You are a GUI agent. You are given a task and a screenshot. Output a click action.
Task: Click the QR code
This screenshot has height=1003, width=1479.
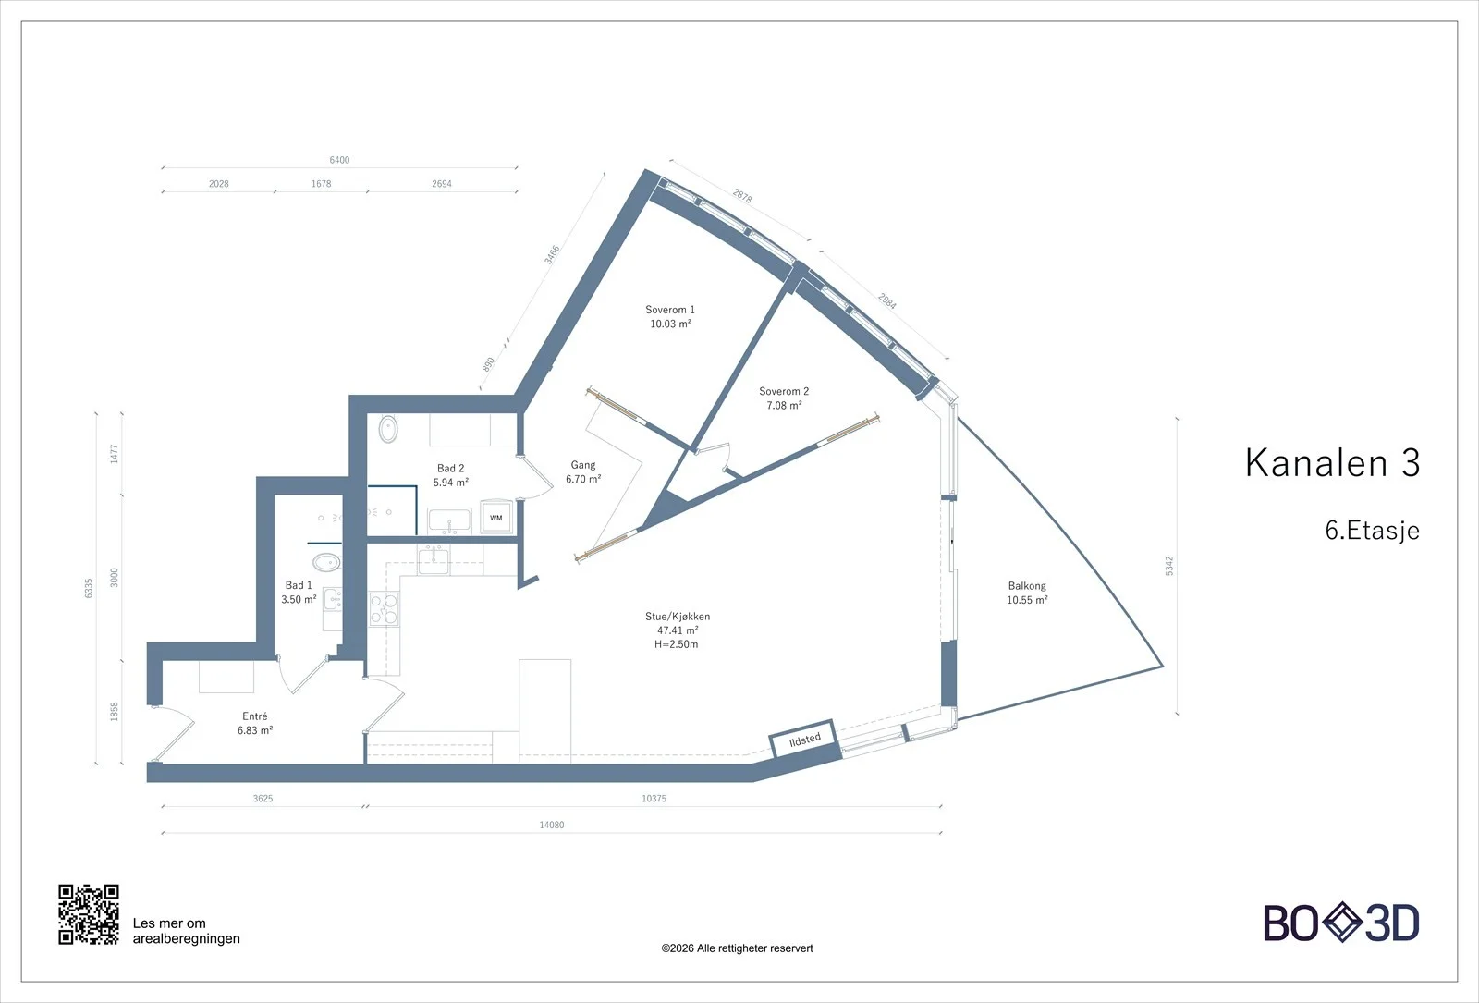[x=89, y=914]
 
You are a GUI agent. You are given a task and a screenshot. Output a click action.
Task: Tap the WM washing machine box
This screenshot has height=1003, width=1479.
[x=495, y=518]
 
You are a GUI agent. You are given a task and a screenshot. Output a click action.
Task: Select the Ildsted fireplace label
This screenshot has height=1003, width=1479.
[x=805, y=740]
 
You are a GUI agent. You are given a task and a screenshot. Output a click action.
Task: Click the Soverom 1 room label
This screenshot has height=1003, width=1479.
[x=670, y=316]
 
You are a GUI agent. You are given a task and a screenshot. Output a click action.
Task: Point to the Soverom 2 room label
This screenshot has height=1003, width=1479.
[x=784, y=398]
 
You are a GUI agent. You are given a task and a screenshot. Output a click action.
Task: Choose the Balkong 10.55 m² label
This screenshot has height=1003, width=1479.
[x=1027, y=593]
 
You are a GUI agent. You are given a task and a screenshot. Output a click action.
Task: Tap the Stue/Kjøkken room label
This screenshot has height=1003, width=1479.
[x=678, y=630]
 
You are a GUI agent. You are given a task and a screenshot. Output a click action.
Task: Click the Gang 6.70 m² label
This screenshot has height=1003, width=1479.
[x=583, y=472]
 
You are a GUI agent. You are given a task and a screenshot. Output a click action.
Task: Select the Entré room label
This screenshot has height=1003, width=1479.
[x=255, y=723]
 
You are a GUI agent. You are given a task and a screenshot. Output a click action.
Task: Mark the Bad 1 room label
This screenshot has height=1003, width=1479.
[x=299, y=593]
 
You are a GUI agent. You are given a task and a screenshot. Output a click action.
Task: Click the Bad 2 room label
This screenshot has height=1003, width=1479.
[x=450, y=475]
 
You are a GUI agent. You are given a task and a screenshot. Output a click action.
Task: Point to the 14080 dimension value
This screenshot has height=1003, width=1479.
[x=552, y=825]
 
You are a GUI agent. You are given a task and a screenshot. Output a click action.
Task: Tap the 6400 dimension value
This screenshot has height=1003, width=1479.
[x=339, y=160]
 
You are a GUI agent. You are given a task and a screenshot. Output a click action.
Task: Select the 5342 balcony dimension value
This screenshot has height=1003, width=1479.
[x=1169, y=566]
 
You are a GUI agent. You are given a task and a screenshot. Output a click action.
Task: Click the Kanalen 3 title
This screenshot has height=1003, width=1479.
[x=1332, y=463]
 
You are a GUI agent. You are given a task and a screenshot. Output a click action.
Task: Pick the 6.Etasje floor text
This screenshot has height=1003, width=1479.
[x=1372, y=531]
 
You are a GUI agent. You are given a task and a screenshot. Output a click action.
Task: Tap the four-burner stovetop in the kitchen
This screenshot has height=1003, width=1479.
[x=384, y=609]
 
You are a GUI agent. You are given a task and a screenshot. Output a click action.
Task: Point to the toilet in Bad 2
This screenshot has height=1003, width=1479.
[x=387, y=429]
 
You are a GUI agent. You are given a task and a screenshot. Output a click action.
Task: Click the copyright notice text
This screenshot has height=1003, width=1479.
[x=737, y=948]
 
